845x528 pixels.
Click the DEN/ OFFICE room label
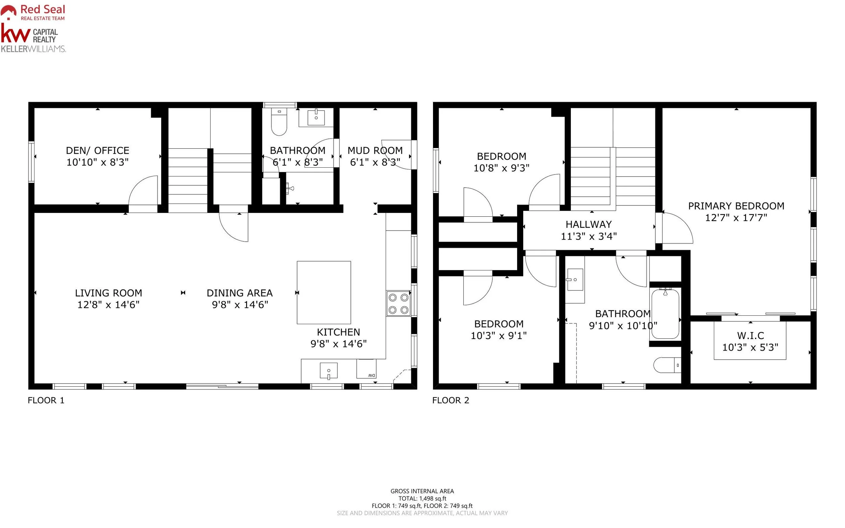pyautogui.click(x=97, y=150)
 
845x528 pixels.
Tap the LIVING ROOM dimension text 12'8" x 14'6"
pyautogui.click(x=108, y=305)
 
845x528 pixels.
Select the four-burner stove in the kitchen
pyautogui.click(x=399, y=304)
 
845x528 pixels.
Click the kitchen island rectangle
pyautogui.click(x=324, y=293)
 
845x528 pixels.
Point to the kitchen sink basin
pyautogui.click(x=329, y=370)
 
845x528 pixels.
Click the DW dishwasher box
pyautogui.click(x=366, y=369)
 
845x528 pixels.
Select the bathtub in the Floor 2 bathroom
pyautogui.click(x=665, y=314)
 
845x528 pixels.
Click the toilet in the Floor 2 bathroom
pyautogui.click(x=667, y=365)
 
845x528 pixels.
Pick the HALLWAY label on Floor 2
pyautogui.click(x=589, y=224)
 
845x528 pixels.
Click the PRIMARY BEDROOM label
pyautogui.click(x=736, y=206)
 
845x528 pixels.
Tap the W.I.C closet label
pyautogui.click(x=750, y=336)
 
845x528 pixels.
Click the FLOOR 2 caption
pyautogui.click(x=451, y=400)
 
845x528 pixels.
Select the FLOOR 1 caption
pyautogui.click(x=46, y=400)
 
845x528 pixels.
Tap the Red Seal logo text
pyautogui.click(x=43, y=9)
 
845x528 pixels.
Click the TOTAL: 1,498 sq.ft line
pyautogui.click(x=422, y=499)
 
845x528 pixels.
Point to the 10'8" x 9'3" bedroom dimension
pyautogui.click(x=501, y=168)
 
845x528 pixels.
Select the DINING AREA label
pyautogui.click(x=240, y=293)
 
